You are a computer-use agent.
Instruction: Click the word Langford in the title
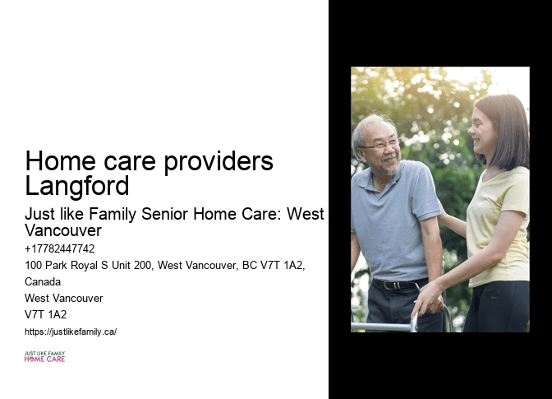pyautogui.click(x=77, y=185)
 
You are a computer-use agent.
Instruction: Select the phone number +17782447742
pyautogui.click(x=60, y=248)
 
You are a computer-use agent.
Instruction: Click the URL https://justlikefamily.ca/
pyautogui.click(x=71, y=332)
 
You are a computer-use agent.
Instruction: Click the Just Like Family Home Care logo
pyautogui.click(x=44, y=356)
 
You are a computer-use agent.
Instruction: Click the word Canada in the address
pyautogui.click(x=43, y=281)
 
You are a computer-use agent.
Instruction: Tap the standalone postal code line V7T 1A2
pyautogui.click(x=46, y=314)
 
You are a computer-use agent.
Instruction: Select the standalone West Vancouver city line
pyautogui.click(x=64, y=298)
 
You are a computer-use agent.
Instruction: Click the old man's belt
pyautogui.click(x=397, y=285)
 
